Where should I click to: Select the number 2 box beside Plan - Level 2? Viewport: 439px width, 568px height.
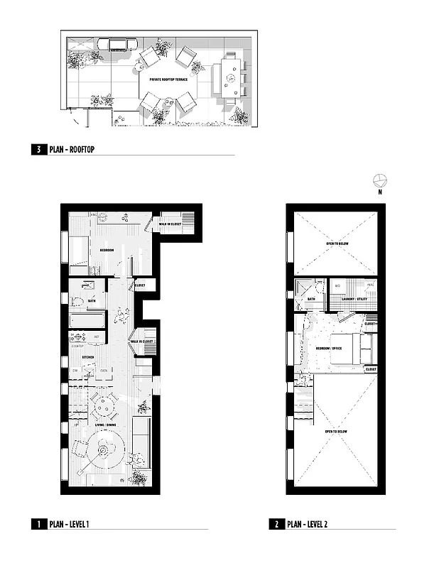pos(276,525)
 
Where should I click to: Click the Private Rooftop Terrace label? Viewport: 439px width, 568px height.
pos(168,80)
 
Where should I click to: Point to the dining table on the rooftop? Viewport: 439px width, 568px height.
pos(231,76)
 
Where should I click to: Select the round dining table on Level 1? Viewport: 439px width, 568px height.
pos(104,407)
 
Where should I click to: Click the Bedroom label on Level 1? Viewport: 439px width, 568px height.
pos(107,250)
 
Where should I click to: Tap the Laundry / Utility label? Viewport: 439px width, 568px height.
pos(352,300)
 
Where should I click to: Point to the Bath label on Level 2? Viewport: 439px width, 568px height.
pos(310,300)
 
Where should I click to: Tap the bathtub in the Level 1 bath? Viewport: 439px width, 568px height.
pos(87,321)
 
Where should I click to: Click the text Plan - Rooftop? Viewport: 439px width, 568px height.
pos(72,150)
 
